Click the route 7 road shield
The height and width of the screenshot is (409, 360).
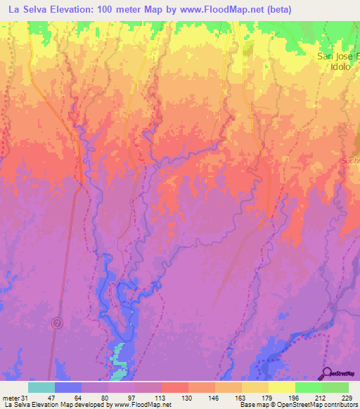[x=57, y=322]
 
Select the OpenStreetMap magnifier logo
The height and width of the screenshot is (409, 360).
[x=328, y=373]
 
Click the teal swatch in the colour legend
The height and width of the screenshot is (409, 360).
[x=41, y=387]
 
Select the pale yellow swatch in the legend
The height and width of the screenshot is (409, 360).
[x=281, y=387]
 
